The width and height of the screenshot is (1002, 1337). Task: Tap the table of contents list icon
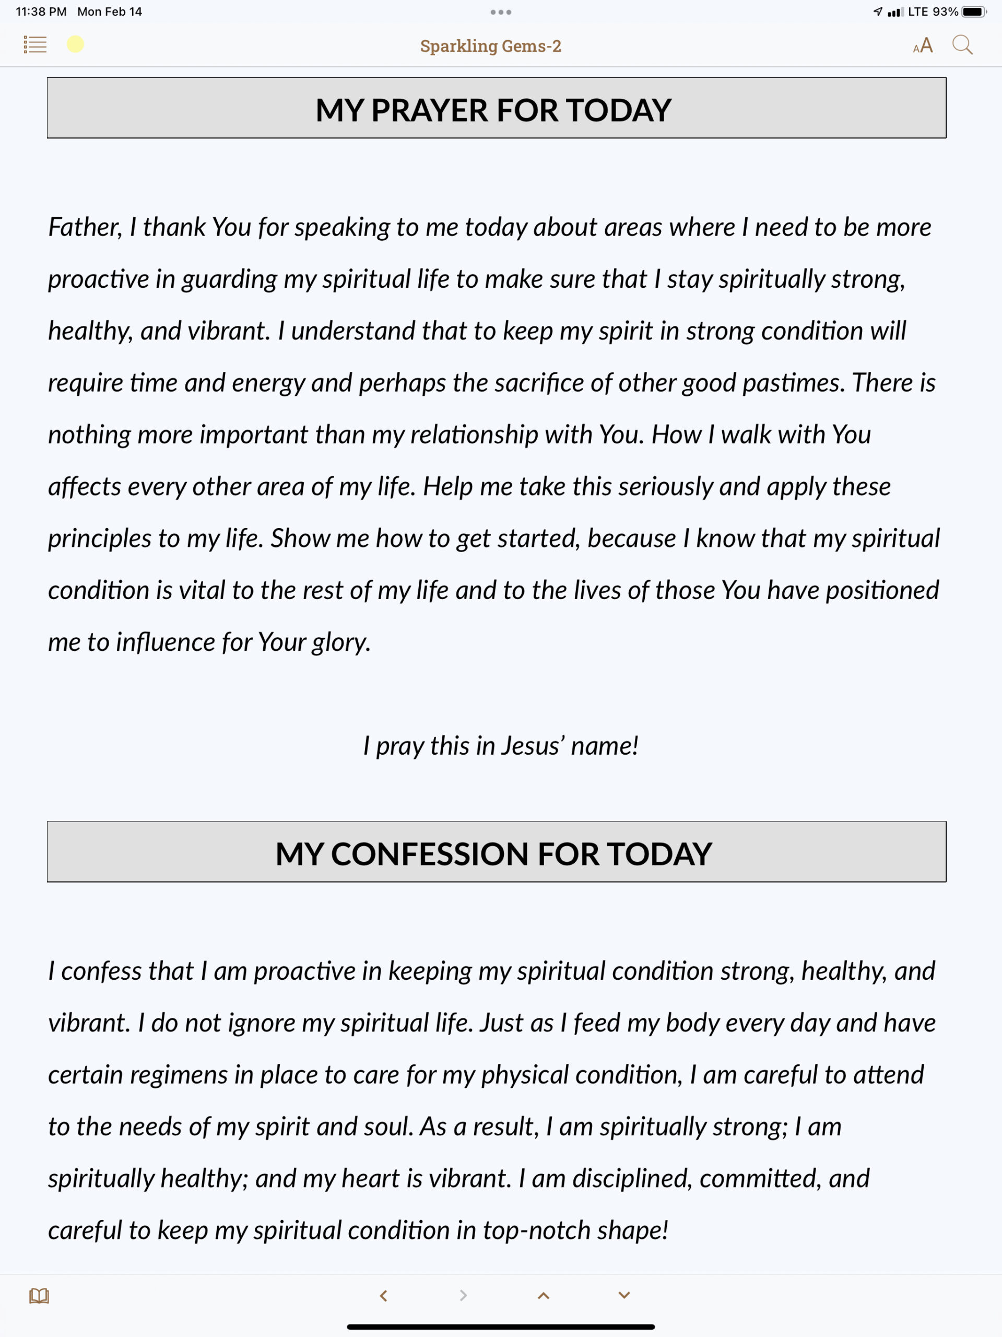pos(35,45)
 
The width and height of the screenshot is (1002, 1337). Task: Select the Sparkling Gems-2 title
pos(491,46)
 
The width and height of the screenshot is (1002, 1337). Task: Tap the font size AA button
pos(923,45)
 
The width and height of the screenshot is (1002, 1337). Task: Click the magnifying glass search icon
pos(962,45)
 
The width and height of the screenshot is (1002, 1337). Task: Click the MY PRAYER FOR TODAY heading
pos(493,110)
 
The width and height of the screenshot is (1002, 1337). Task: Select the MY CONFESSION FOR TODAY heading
pos(493,853)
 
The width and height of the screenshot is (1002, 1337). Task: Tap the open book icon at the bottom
pos(39,1295)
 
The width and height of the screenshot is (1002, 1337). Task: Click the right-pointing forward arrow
pos(464,1295)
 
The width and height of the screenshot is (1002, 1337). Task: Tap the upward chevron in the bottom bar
pos(544,1295)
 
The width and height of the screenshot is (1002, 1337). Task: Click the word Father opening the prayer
pos(85,227)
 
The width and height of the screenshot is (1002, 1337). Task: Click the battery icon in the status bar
pos(974,11)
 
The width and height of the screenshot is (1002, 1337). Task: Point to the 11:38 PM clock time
pos(41,11)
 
